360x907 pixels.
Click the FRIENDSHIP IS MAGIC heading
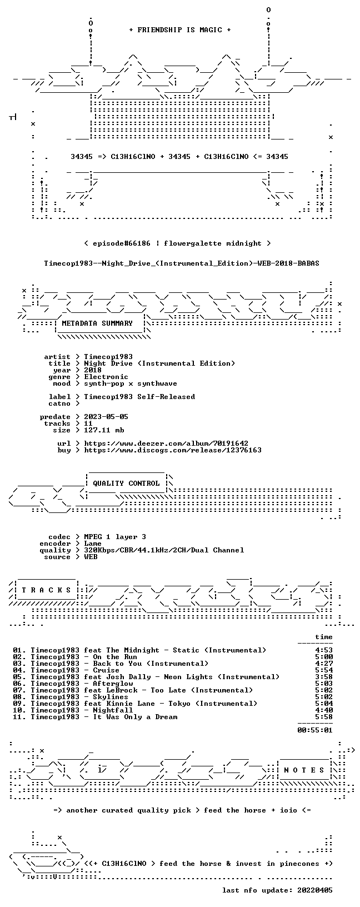pos(180,30)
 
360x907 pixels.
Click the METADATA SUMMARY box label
pos(97,323)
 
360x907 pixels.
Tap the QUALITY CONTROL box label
pos(126,484)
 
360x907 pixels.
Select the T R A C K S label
pos(46,590)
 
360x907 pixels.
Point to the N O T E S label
pos(304,770)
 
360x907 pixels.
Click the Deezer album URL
pos(166,443)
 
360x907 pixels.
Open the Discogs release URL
pos(173,450)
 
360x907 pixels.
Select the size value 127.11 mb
pos(104,430)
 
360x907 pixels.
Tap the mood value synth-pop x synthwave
pos(131,384)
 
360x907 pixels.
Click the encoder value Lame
pos(93,544)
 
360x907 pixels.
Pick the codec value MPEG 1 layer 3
pos(115,537)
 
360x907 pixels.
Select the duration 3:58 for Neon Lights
pos(324,677)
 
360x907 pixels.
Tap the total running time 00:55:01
pos(315,730)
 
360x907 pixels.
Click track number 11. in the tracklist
pos(19,717)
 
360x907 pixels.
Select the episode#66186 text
pos(122,243)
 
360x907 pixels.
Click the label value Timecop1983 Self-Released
pos(139,397)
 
